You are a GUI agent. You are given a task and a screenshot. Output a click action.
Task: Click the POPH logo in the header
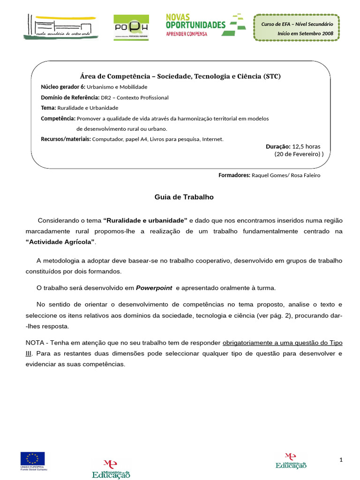pos(131,27)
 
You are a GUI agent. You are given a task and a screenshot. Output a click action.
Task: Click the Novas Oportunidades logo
pos(205,25)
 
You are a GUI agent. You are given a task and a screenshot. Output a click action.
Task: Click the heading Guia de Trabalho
pos(184,197)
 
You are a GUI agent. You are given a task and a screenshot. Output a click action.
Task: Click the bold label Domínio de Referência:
pos(70,97)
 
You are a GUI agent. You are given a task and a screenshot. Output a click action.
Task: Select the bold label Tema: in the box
pos(48,108)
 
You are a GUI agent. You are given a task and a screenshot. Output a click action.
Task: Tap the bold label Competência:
pos(58,119)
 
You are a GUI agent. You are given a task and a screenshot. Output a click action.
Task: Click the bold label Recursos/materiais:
pos(66,139)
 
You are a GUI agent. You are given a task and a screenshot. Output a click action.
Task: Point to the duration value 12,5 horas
pos(306,146)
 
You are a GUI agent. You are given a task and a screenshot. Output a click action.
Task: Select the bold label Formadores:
pos(234,175)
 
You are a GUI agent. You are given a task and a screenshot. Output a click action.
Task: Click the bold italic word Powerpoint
pos(154,288)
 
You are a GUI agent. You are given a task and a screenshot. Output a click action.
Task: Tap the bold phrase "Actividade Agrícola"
pos(60,241)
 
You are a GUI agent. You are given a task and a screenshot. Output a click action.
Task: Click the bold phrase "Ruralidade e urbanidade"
pos(145,220)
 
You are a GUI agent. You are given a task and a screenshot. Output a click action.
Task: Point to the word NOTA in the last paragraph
pos(35,343)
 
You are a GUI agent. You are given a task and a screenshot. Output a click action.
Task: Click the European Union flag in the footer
pos(32,458)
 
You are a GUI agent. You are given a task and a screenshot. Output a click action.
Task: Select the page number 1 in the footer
pos(341,460)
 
